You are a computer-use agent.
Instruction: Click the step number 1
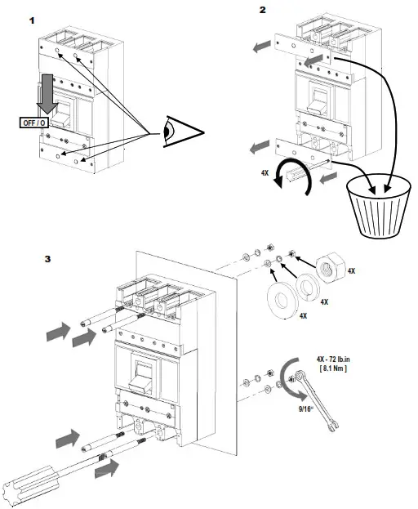[32, 20]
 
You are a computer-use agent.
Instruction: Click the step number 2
[263, 10]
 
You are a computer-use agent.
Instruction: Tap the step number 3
[47, 259]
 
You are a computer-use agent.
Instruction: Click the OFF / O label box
[34, 123]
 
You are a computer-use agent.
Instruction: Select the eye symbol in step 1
[183, 132]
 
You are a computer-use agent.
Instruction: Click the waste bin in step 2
[379, 208]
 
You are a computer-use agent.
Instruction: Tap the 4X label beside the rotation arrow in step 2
[265, 173]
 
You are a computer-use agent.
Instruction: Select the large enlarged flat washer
[282, 301]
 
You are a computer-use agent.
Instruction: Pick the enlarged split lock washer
[308, 288]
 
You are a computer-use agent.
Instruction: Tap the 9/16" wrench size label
[306, 409]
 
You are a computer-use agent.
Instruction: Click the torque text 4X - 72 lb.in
[333, 359]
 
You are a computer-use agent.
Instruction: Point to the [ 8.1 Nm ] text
[333, 368]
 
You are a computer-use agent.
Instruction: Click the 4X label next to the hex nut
[351, 270]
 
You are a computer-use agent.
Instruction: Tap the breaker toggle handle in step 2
[318, 101]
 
